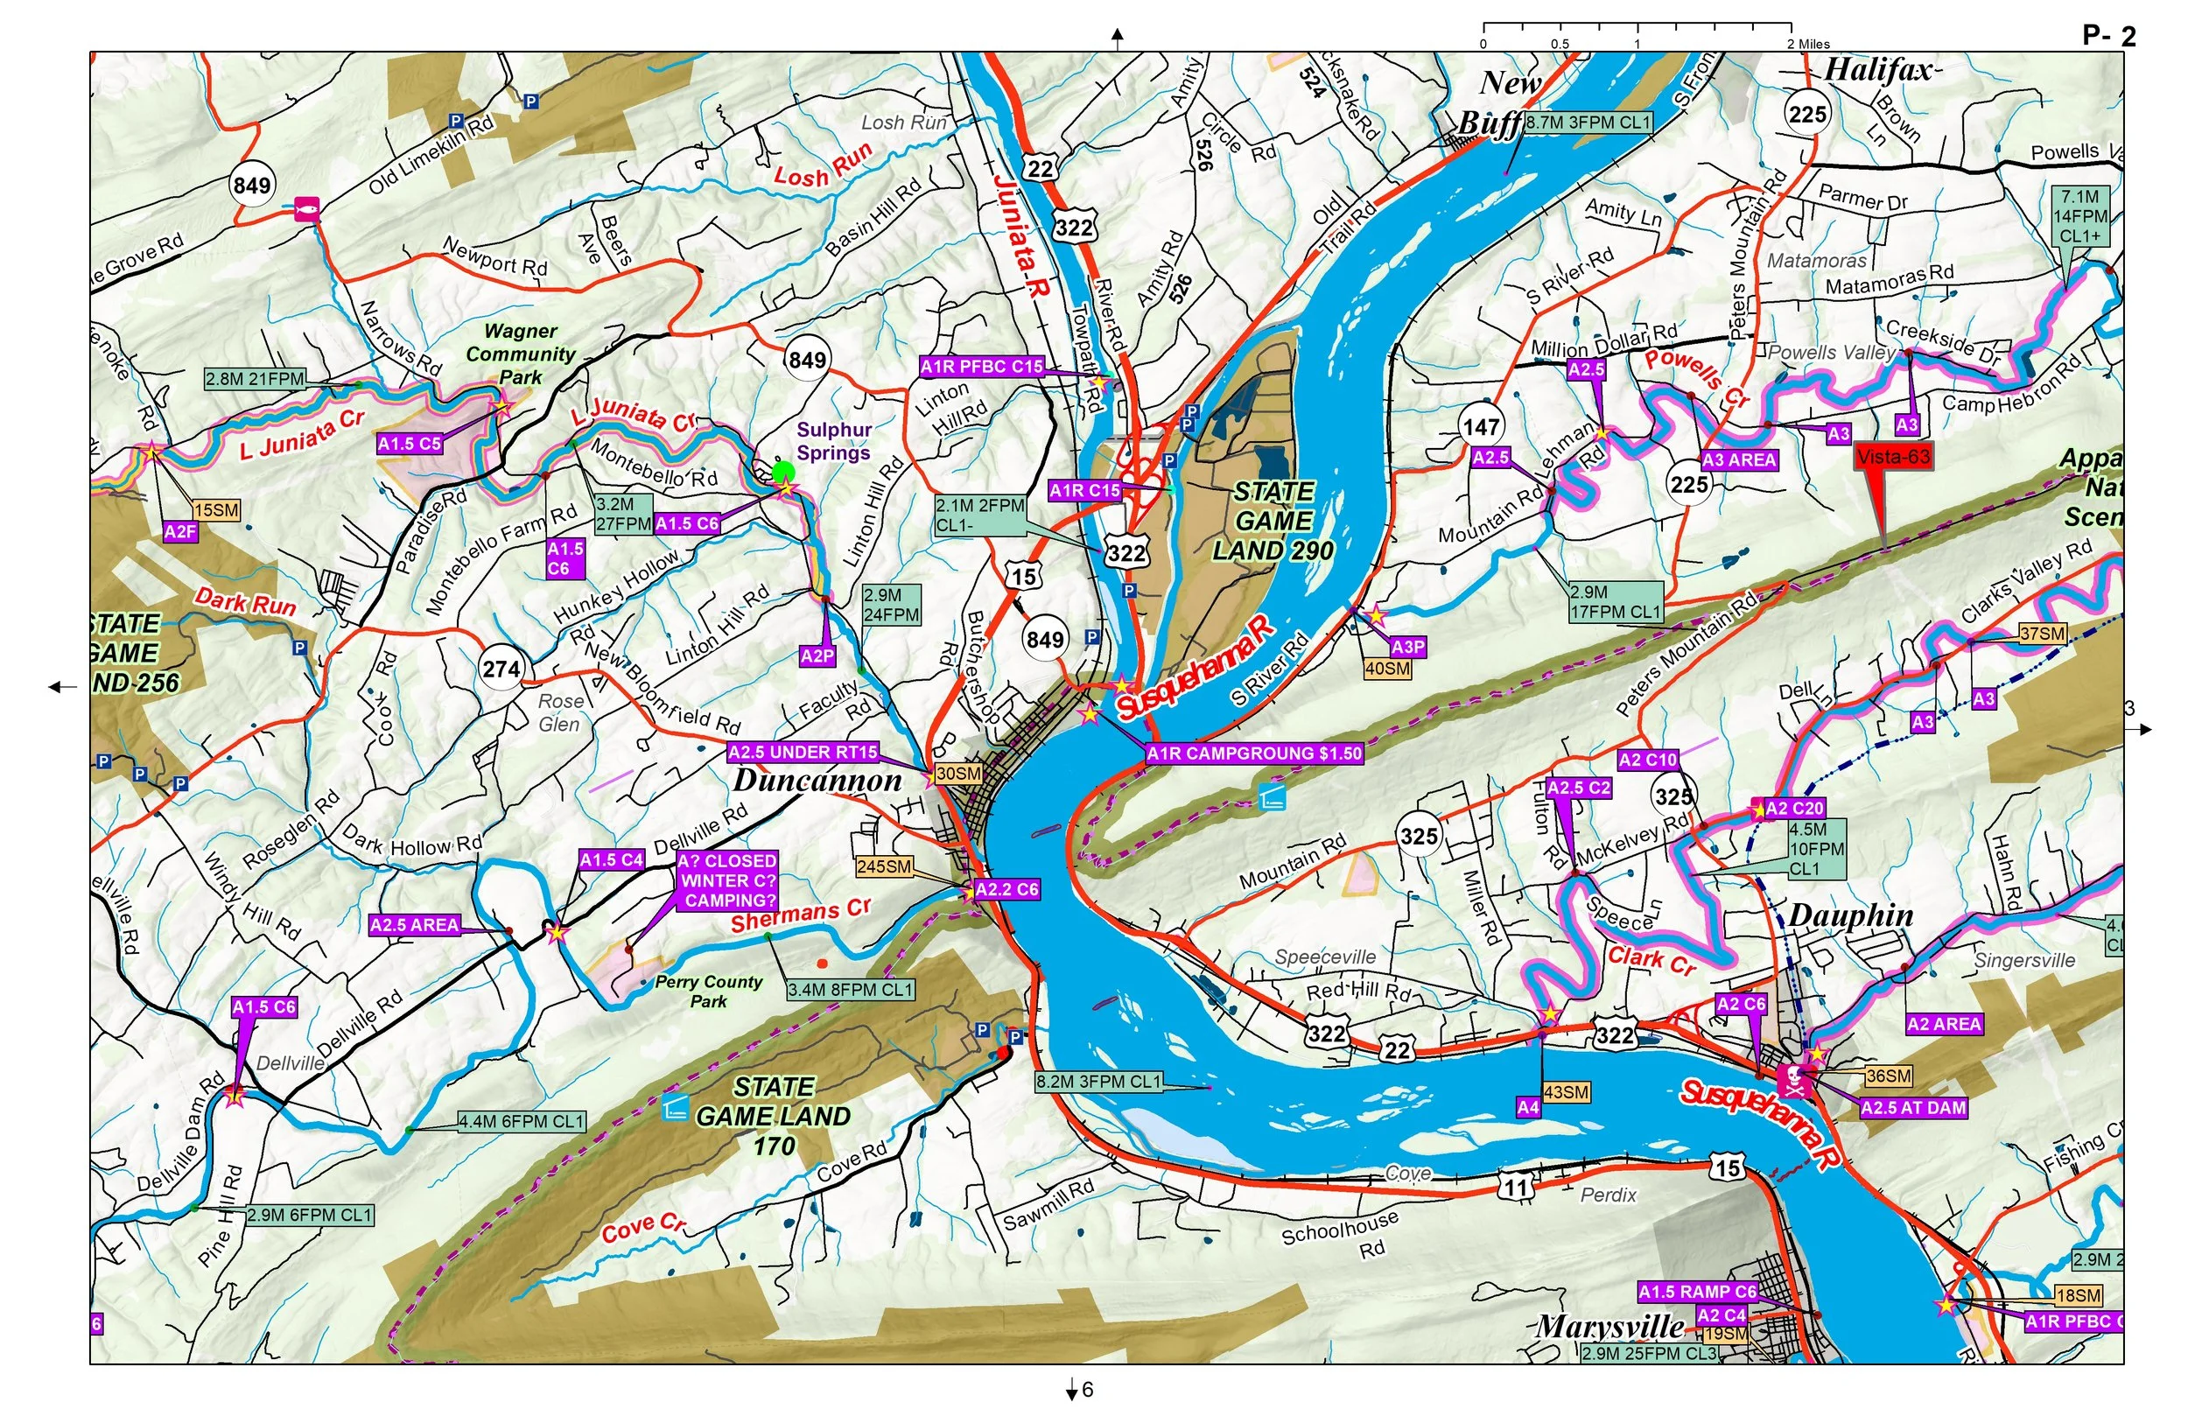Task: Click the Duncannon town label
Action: [817, 781]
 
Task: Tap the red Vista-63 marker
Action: [1893, 457]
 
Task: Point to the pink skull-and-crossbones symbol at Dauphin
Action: [1793, 1082]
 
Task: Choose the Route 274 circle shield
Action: [501, 669]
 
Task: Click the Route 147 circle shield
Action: [1481, 427]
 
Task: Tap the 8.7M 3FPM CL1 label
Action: [1588, 123]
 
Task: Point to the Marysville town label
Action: [1609, 1326]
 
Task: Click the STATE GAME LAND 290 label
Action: [1273, 522]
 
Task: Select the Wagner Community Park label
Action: [521, 354]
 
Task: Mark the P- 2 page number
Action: [2109, 36]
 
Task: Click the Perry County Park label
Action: [709, 992]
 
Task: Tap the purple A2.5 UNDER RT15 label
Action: [803, 752]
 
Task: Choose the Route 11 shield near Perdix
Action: [1516, 1187]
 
